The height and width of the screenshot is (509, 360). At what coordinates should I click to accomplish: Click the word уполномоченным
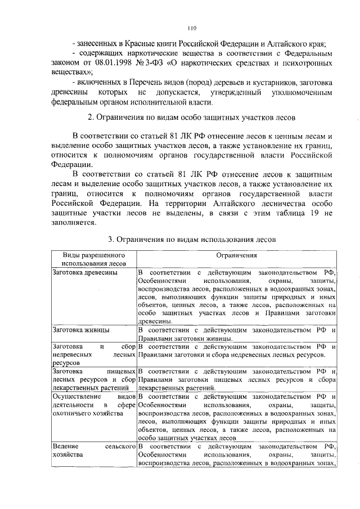[307, 93]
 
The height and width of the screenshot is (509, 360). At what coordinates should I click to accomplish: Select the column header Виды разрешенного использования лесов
[93, 259]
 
